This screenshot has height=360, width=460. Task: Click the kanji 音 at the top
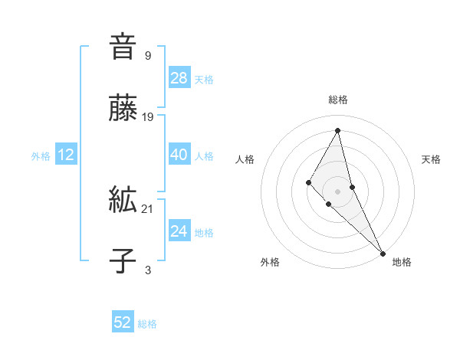123,47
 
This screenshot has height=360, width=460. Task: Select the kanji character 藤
123,109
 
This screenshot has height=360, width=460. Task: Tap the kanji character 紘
123,201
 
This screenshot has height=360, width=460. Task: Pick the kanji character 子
123,261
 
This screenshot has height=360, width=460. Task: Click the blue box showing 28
179,77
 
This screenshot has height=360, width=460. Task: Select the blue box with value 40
179,155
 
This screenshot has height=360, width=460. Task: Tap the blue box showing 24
179,231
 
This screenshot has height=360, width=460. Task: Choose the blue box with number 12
66,155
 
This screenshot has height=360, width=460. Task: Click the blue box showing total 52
123,322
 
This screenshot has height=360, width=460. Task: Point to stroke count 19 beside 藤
149,117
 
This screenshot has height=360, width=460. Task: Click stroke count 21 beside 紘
149,208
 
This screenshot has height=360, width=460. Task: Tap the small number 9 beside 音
148,55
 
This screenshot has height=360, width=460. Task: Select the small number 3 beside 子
148,270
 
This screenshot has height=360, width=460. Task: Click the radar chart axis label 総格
338,100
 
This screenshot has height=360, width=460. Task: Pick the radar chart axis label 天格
431,159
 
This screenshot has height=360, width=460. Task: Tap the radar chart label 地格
402,262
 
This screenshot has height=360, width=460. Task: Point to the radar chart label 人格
245,159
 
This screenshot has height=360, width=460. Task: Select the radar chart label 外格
270,262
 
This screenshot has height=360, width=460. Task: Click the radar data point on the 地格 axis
383,252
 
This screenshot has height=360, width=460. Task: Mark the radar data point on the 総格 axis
338,129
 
